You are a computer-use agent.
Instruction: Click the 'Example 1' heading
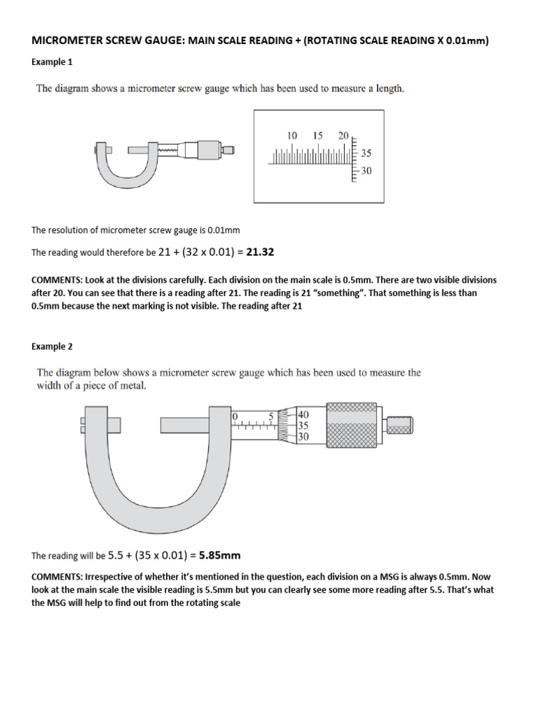pyautogui.click(x=52, y=62)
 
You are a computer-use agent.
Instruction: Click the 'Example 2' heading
pyautogui.click(x=52, y=346)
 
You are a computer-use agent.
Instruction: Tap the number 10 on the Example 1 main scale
pyautogui.click(x=292, y=135)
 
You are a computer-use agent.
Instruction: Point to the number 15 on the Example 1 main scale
pyautogui.click(x=318, y=135)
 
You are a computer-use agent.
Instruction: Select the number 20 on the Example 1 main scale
pyautogui.click(x=343, y=135)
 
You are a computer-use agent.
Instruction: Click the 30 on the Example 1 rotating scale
pyautogui.click(x=366, y=170)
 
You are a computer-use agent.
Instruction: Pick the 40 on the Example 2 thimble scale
pyautogui.click(x=304, y=414)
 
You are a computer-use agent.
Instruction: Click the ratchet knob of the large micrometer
pyautogui.click(x=399, y=425)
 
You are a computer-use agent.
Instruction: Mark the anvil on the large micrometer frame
pyautogui.click(x=111, y=425)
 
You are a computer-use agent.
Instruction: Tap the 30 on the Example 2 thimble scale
pyautogui.click(x=304, y=436)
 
